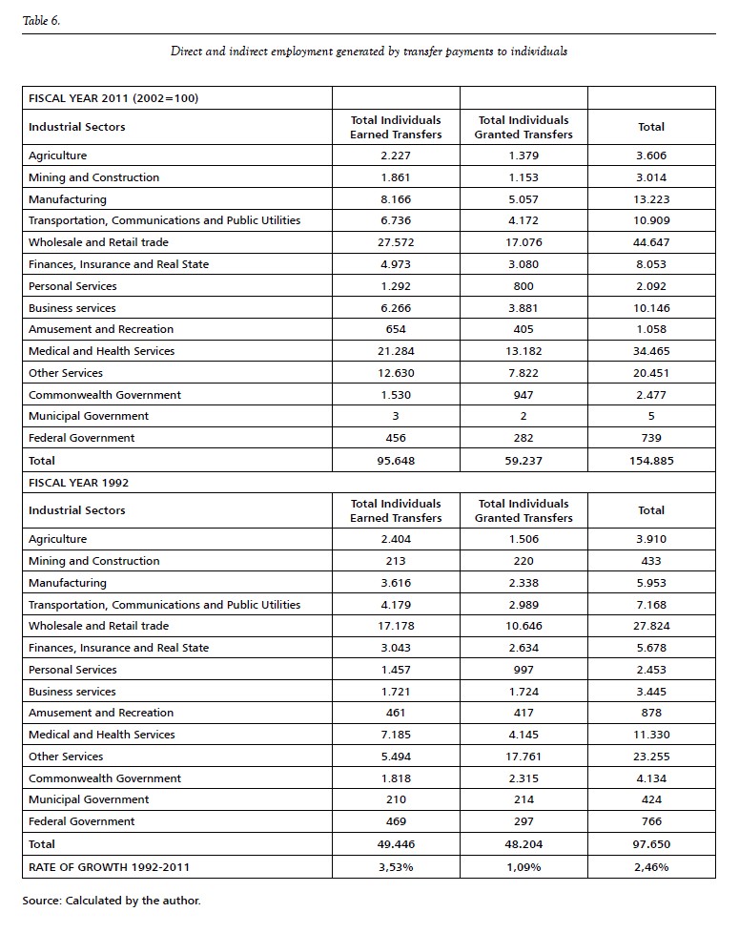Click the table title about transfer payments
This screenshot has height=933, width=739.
(368, 51)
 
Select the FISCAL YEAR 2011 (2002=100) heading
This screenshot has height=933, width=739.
(113, 97)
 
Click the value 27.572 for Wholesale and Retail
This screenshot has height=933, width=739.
(396, 242)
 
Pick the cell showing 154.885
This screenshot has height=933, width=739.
(651, 460)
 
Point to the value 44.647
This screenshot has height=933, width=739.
(651, 242)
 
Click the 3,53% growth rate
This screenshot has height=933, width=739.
(396, 867)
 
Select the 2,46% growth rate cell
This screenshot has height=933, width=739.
(651, 867)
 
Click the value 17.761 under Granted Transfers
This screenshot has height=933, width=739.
(523, 757)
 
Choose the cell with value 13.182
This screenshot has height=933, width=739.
(523, 351)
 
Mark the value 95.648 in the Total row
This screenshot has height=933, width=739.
(396, 460)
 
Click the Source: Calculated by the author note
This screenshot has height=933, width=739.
(112, 900)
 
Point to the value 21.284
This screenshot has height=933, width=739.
(396, 351)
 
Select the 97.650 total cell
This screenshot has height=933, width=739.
(651, 844)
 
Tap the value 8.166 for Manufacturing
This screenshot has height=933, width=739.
(396, 199)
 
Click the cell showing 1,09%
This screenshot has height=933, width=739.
(523, 867)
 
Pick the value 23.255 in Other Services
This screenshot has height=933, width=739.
(651, 757)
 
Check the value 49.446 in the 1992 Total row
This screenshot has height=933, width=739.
(396, 844)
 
